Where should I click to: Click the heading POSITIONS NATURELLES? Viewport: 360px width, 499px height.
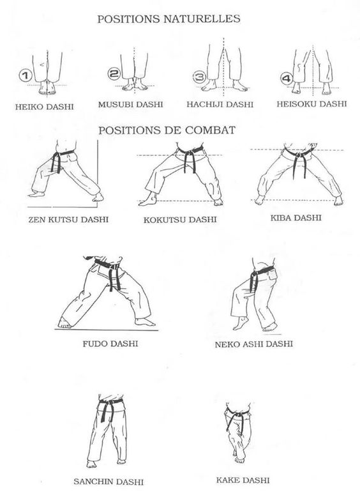tap(169, 19)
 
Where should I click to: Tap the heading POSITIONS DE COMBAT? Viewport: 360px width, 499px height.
tap(169, 129)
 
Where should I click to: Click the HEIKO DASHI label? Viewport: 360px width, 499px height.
tap(41, 104)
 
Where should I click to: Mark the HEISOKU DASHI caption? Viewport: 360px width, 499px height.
tap(308, 104)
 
